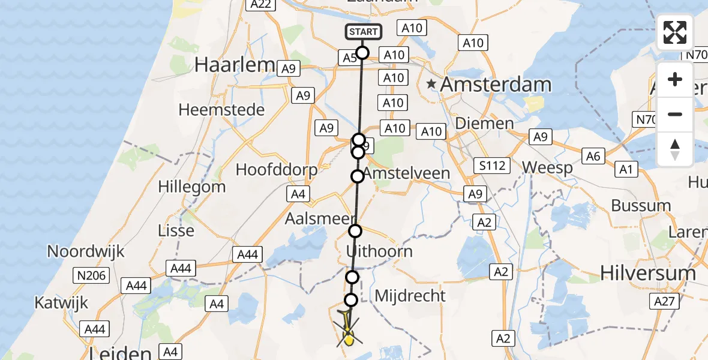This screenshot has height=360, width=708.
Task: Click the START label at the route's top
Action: (363, 32)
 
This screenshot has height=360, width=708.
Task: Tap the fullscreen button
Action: (675, 32)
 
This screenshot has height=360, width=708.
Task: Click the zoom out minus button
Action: (675, 114)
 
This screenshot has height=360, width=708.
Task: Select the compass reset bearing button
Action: (675, 149)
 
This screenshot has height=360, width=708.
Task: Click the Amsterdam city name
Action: (496, 85)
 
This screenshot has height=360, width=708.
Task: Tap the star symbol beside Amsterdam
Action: (431, 85)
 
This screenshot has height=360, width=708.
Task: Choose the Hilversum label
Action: (648, 274)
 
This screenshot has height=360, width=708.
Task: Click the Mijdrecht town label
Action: (410, 295)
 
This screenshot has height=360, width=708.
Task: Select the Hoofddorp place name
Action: (277, 170)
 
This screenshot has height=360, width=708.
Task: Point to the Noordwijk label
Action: (86, 251)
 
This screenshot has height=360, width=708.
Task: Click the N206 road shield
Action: (91, 276)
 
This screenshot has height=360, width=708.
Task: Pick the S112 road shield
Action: (491, 166)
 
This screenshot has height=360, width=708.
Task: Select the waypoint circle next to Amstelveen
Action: (358, 176)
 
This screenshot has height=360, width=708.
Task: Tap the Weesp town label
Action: (547, 168)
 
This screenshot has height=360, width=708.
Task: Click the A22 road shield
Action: (260, 5)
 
